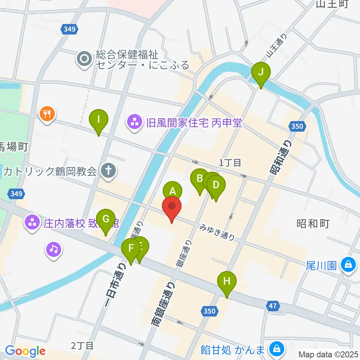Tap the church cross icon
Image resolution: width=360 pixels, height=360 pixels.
[109, 172]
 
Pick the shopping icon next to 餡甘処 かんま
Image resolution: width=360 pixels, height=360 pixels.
[277, 349]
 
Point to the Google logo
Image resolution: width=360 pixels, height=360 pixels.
[25, 351]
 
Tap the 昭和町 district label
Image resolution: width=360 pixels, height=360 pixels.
[313, 224]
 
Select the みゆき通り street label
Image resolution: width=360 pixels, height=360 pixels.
[217, 232]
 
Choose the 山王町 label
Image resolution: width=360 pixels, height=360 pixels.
[332, 4]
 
